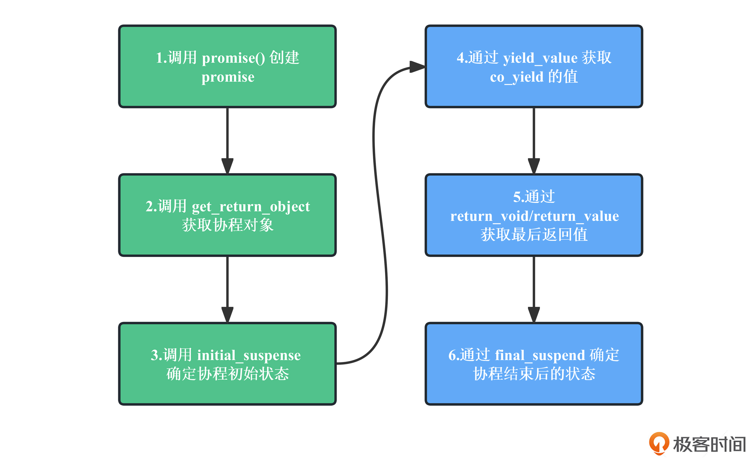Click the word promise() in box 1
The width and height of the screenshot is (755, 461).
233,58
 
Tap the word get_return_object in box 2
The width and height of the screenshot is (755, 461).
251,206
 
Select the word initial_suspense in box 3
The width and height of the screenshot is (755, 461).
249,356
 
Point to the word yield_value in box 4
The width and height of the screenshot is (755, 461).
540,58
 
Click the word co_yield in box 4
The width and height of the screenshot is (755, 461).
516,77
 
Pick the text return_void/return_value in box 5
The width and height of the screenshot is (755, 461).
534,216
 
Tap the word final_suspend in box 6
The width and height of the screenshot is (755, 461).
540,356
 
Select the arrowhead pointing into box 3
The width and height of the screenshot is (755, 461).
227,315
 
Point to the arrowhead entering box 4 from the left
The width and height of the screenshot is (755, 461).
417,67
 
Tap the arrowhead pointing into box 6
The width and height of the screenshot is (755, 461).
534,315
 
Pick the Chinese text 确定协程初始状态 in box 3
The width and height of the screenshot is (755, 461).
228,374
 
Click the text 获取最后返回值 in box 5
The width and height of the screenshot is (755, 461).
534,235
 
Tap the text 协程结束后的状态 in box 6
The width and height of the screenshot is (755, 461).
534,374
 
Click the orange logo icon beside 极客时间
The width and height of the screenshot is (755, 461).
659,443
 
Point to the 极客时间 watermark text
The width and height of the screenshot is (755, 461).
709,444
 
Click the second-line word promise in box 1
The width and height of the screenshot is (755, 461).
228,77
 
